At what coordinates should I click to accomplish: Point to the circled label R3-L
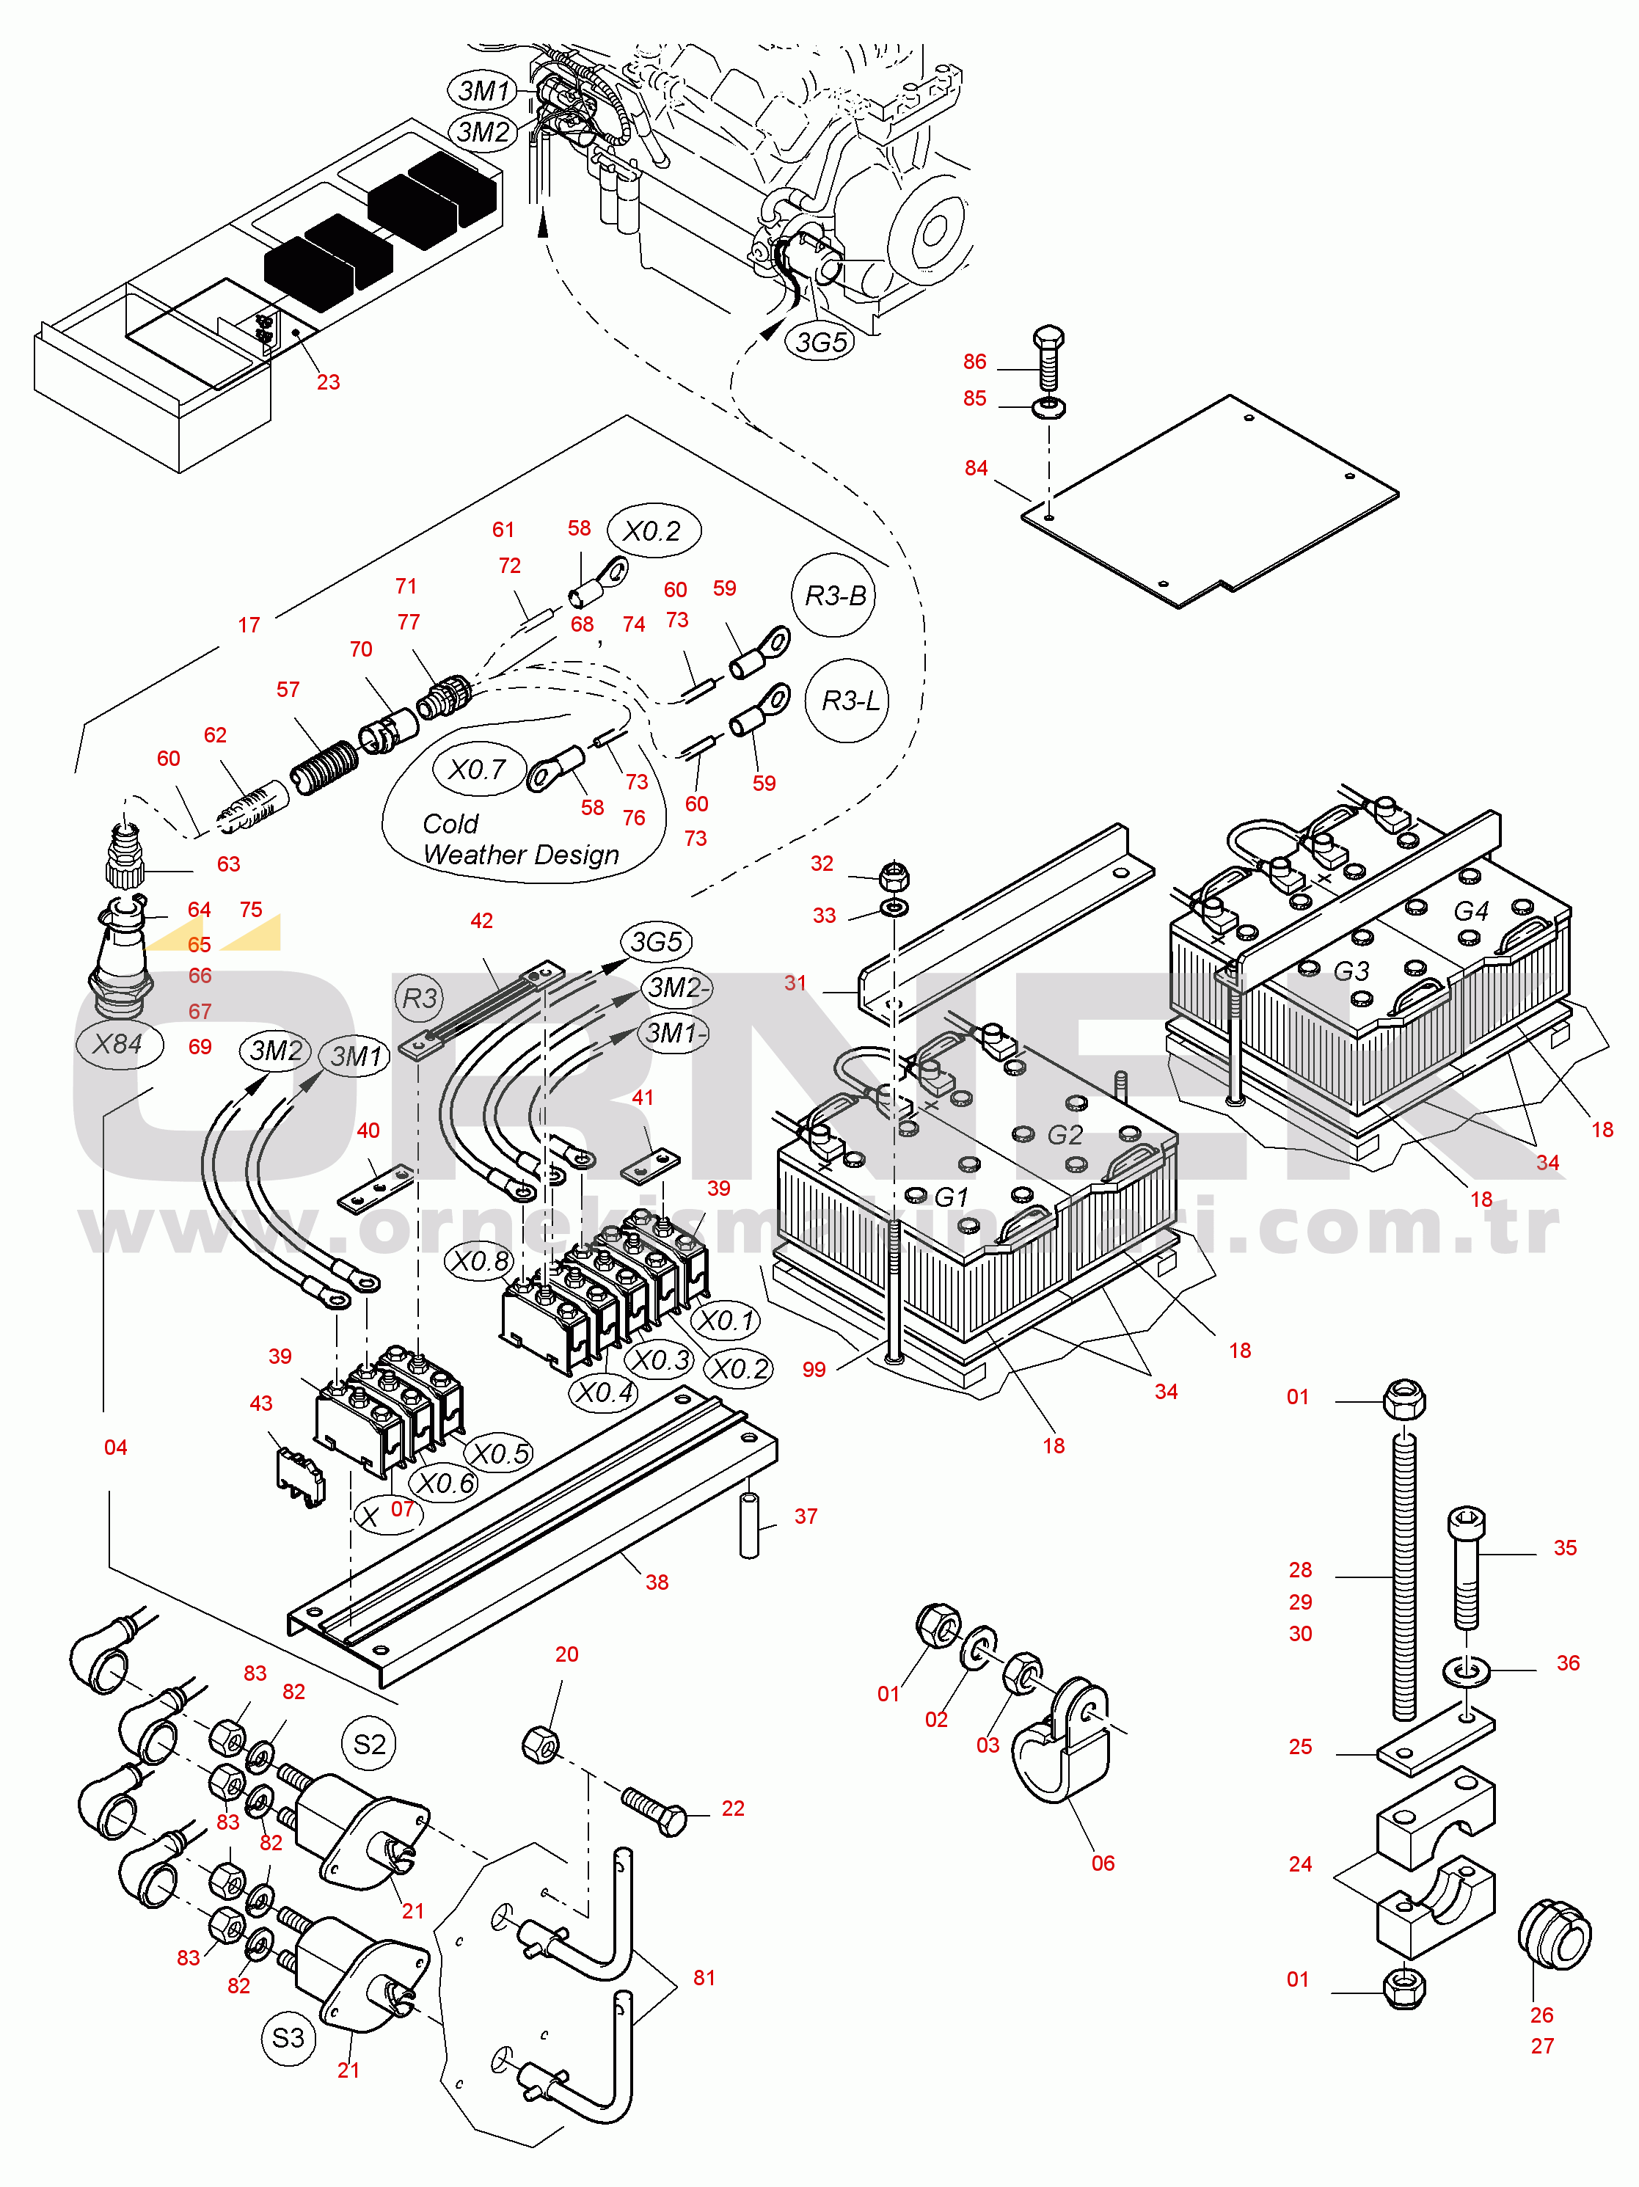[x=849, y=701]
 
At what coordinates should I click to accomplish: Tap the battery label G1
[x=951, y=1197]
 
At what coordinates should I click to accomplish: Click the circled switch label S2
[x=369, y=1744]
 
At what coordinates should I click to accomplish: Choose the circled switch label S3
[x=288, y=2038]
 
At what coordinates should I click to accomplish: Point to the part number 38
[x=657, y=1582]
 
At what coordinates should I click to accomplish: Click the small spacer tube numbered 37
[x=749, y=1527]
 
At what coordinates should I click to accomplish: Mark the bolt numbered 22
[x=654, y=1811]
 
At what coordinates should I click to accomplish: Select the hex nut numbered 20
[x=540, y=1745]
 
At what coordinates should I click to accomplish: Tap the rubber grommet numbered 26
[x=1554, y=1934]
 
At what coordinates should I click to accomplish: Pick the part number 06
[x=1102, y=1863]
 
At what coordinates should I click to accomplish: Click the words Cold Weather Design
[x=520, y=839]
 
